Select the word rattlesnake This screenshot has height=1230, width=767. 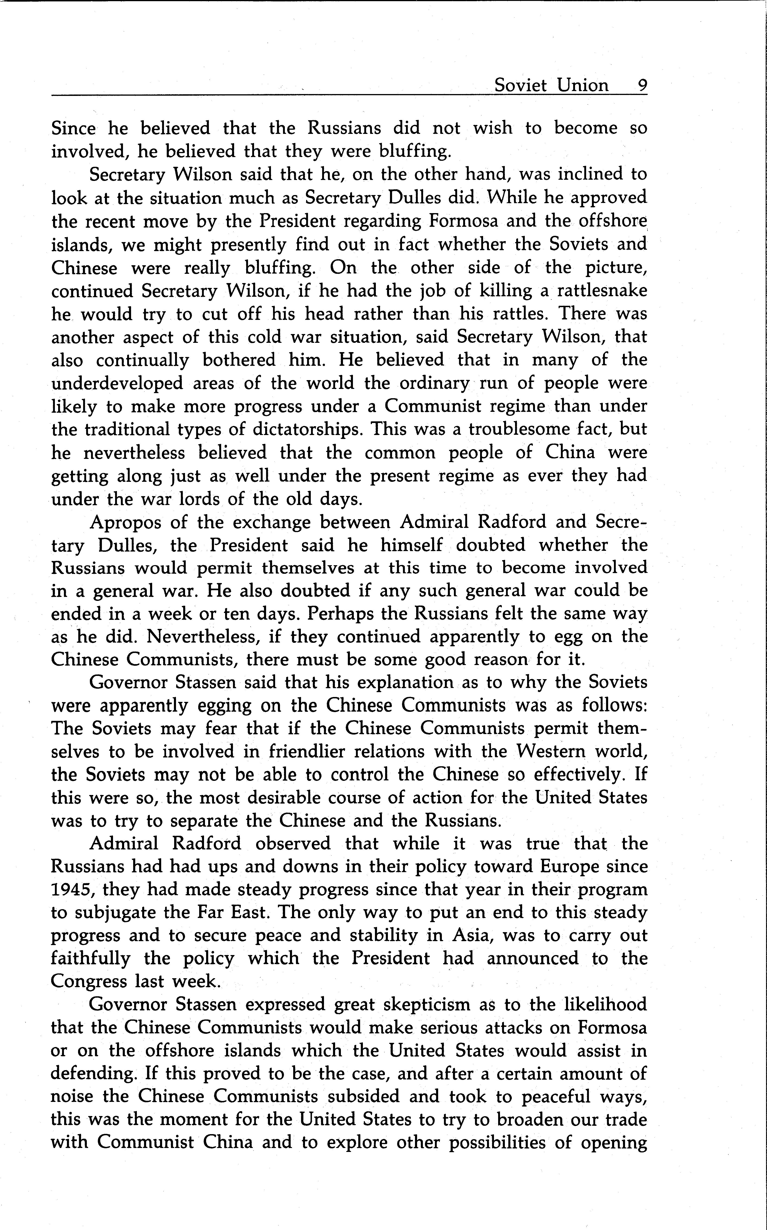602,291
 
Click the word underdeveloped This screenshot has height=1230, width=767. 117,383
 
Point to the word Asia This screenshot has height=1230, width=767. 468,935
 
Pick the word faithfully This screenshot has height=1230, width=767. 91,959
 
